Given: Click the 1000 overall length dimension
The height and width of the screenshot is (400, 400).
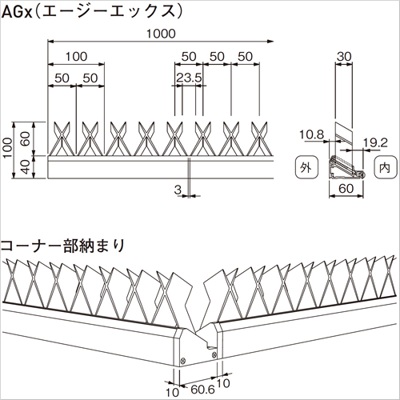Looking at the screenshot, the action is tap(161, 34).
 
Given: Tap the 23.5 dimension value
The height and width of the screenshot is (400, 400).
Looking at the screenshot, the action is tap(189, 78).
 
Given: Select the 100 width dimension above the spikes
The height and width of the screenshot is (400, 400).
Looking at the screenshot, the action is tap(76, 57).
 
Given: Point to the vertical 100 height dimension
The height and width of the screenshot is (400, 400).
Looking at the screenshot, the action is tap(8, 147).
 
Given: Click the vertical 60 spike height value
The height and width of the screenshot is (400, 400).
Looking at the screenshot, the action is tap(26, 139).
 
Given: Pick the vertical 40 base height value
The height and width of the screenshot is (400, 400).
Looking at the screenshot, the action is tap(26, 167).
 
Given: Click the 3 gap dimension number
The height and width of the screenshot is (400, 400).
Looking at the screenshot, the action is tap(178, 190).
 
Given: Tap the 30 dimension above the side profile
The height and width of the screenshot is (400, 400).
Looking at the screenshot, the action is tap(344, 57).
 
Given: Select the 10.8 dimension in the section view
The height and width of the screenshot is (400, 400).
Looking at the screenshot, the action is tap(311, 134).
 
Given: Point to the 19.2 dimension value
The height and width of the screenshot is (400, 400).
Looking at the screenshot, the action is tap(375, 143).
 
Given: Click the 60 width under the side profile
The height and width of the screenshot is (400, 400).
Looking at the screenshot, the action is tap(346, 189).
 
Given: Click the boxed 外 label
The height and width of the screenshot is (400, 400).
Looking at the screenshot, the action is tap(306, 167).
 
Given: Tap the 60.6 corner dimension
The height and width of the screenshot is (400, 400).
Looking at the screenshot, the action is tap(202, 390).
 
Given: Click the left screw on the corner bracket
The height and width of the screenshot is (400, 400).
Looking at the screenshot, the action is tap(183, 361).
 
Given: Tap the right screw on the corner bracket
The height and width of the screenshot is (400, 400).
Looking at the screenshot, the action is tap(214, 354).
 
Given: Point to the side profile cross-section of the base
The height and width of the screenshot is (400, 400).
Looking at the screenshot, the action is tap(346, 167).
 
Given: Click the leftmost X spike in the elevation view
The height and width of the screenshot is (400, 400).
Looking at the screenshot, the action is tap(62, 138).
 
